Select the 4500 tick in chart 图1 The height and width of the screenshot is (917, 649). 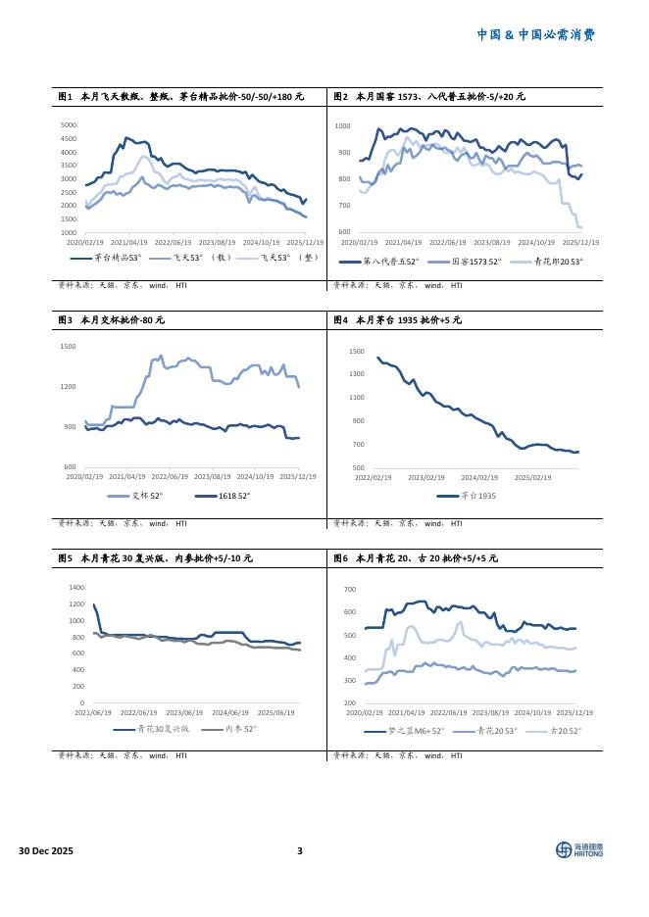[69, 139]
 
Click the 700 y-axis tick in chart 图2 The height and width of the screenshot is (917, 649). [344, 206]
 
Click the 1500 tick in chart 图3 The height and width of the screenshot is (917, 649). [68, 347]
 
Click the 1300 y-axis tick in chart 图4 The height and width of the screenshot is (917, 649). [356, 374]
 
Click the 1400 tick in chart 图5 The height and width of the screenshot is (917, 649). [76, 587]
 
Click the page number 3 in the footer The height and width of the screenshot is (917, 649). [300, 850]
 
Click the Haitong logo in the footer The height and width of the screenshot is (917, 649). [579, 849]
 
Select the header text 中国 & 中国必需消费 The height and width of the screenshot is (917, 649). [535, 34]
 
